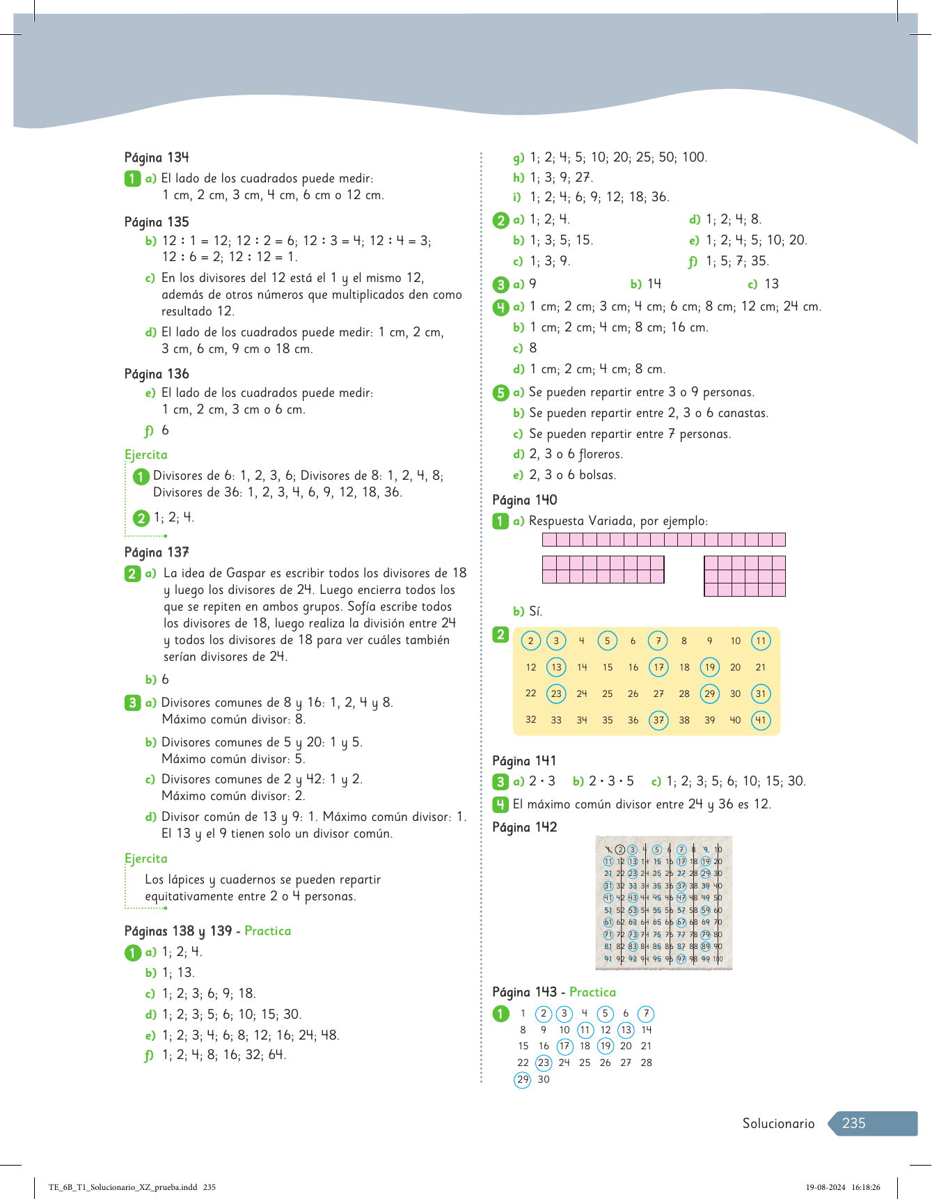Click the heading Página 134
coord(157,157)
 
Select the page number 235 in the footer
coord(854,1123)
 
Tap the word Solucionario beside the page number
coord(778,1123)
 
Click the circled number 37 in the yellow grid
coord(658,720)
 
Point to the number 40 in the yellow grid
coord(735,720)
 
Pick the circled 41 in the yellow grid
coord(761,720)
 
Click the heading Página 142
coord(524,827)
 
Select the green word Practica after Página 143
coord(592,992)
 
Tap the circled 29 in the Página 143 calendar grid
coord(523,1079)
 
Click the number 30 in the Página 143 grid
coord(544,1079)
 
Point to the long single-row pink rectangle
coord(663,540)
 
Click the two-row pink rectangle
coord(603,570)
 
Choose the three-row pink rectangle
coord(745,576)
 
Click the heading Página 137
coord(157,552)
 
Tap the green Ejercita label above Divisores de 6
coord(146,455)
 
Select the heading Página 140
coord(524,500)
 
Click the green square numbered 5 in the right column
coord(500,393)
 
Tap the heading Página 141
coord(524,761)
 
